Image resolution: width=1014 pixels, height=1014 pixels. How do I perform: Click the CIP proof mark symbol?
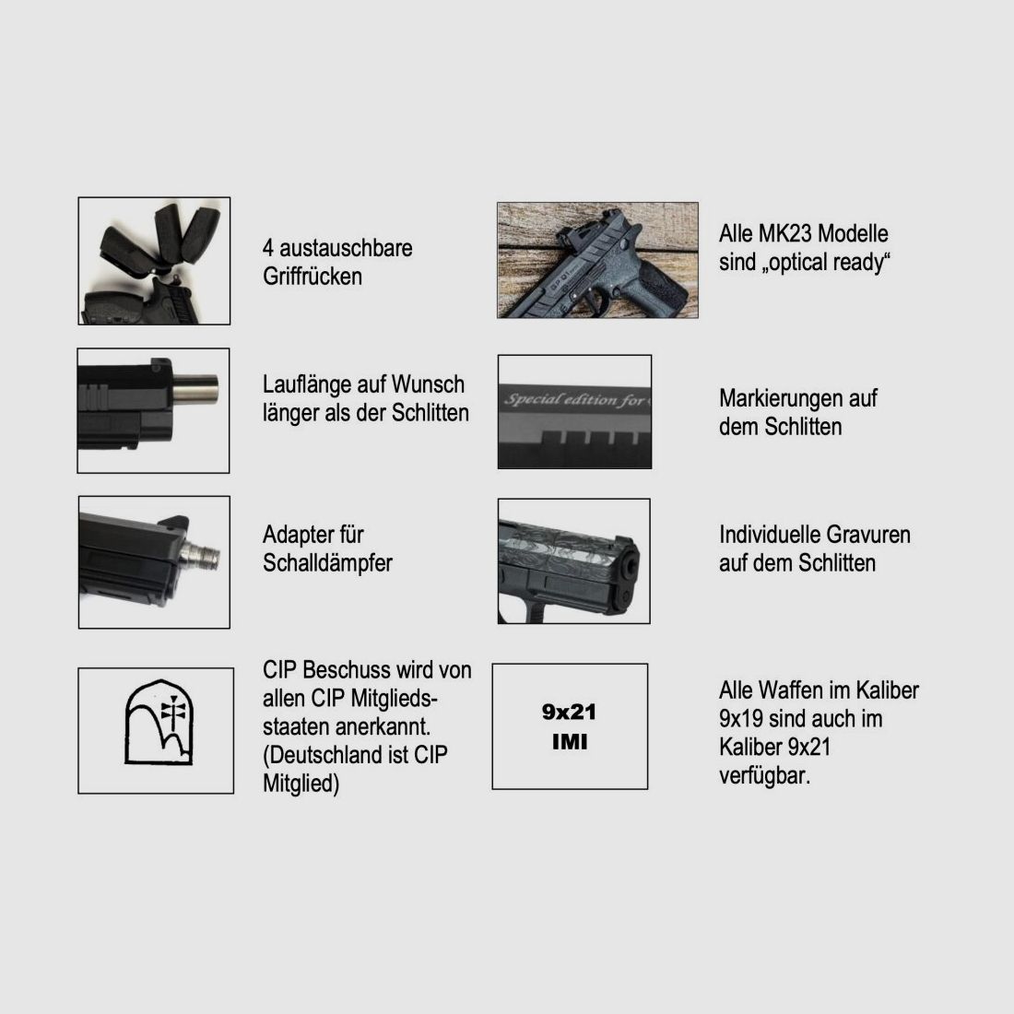point(159,723)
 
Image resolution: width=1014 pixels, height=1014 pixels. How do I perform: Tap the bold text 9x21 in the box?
point(569,712)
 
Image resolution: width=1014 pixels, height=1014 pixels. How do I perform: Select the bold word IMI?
point(570,742)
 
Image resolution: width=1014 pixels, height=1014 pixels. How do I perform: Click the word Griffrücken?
point(312,277)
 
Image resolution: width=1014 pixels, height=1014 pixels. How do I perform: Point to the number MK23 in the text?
point(784,233)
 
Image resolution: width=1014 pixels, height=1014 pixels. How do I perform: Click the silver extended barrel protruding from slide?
point(195,389)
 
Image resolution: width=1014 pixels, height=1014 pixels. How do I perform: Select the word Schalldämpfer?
point(327,563)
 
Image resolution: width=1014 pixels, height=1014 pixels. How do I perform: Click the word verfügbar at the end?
point(764,775)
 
